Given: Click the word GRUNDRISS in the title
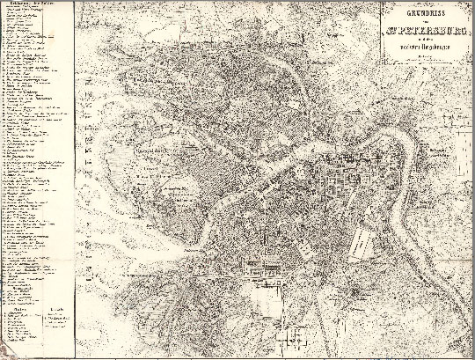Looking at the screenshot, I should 426,14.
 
